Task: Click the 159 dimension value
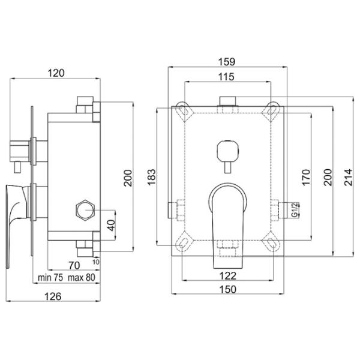tap(226, 62)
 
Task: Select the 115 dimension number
tap(226, 77)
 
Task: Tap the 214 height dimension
tap(348, 177)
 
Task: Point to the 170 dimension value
tap(306, 177)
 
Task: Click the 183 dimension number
tap(152, 177)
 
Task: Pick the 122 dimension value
tap(227, 276)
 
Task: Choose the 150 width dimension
tap(227, 289)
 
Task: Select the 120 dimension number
tap(56, 73)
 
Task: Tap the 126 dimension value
tap(53, 296)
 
